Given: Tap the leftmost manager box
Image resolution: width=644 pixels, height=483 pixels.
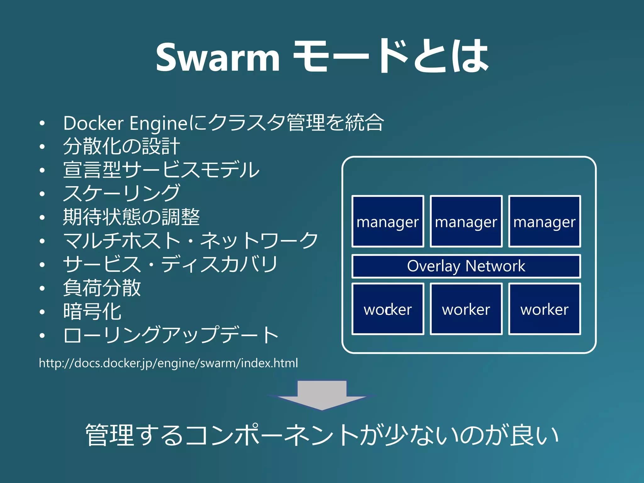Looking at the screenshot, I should point(388,221).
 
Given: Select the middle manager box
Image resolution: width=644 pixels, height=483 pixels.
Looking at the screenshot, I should point(466,221).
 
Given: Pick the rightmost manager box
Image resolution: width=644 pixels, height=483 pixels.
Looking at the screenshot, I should point(544,221).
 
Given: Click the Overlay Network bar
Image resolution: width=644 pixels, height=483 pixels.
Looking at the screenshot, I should point(466,266).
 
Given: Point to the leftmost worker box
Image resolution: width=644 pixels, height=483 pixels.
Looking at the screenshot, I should point(388,309).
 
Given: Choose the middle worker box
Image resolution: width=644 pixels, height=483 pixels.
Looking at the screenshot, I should point(466,309).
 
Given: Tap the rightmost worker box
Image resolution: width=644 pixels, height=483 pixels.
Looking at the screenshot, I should point(544,309).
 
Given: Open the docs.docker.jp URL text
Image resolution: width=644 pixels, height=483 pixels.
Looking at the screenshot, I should point(168,363).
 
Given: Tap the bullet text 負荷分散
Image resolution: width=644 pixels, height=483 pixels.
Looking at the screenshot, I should point(102,288).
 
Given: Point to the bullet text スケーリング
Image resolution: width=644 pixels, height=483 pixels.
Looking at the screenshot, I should point(121,193).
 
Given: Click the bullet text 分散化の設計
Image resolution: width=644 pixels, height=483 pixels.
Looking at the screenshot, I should point(121,146).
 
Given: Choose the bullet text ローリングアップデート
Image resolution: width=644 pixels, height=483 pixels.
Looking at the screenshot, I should point(171,335).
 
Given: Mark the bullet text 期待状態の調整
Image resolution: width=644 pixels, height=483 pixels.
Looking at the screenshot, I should point(131,217).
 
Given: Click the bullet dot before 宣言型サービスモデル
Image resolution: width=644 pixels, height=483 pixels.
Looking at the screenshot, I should point(42,170).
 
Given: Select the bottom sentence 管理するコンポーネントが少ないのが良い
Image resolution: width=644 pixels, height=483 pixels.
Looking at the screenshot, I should point(322,435).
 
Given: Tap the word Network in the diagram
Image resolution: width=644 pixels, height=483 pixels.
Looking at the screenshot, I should point(495,266).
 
